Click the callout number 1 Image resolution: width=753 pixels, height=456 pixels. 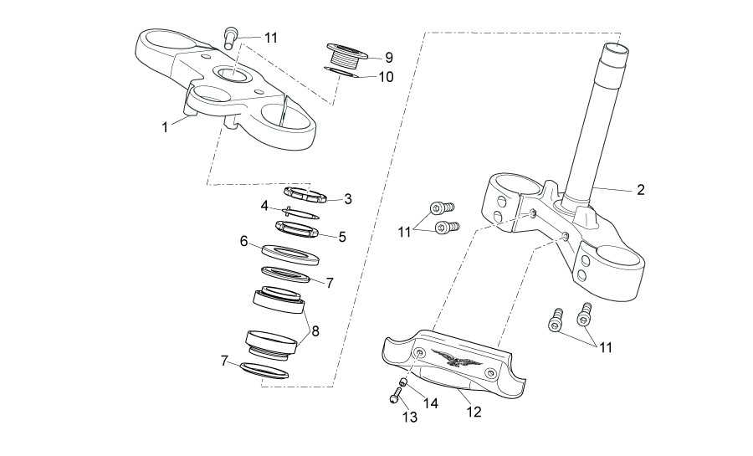click(165, 127)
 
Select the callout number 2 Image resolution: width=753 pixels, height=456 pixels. click(640, 190)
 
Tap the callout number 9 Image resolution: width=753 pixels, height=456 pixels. click(388, 58)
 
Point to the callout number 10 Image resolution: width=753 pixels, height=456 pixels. click(386, 77)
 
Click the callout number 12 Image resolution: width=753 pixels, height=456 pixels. click(474, 412)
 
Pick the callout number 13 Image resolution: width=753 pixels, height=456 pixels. click(410, 418)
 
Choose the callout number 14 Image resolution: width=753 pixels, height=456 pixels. click(431, 403)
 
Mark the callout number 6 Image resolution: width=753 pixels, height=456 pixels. click(243, 241)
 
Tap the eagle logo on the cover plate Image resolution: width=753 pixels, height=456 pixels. click(456, 358)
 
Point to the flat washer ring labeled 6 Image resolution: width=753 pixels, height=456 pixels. click(291, 255)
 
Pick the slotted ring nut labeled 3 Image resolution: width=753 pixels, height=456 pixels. click(305, 194)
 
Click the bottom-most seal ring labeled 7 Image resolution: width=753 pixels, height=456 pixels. click(264, 371)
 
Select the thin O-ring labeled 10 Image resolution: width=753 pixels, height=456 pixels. click(341, 72)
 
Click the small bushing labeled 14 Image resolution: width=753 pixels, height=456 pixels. click(404, 382)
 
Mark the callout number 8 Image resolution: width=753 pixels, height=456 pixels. click(315, 330)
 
